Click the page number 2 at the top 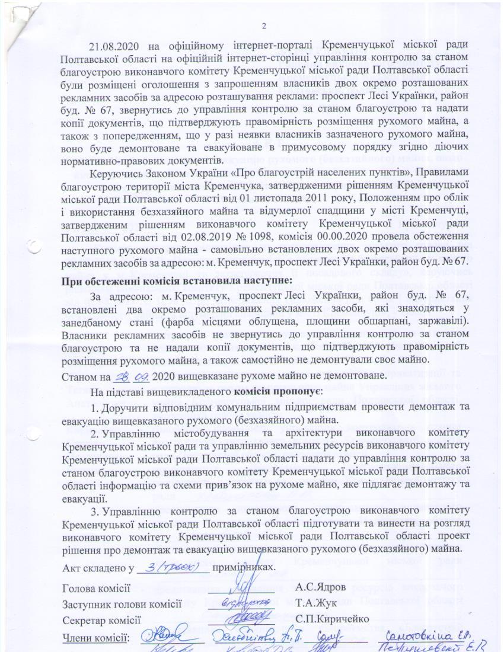pos(264,26)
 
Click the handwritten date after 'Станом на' pos(133,376)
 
